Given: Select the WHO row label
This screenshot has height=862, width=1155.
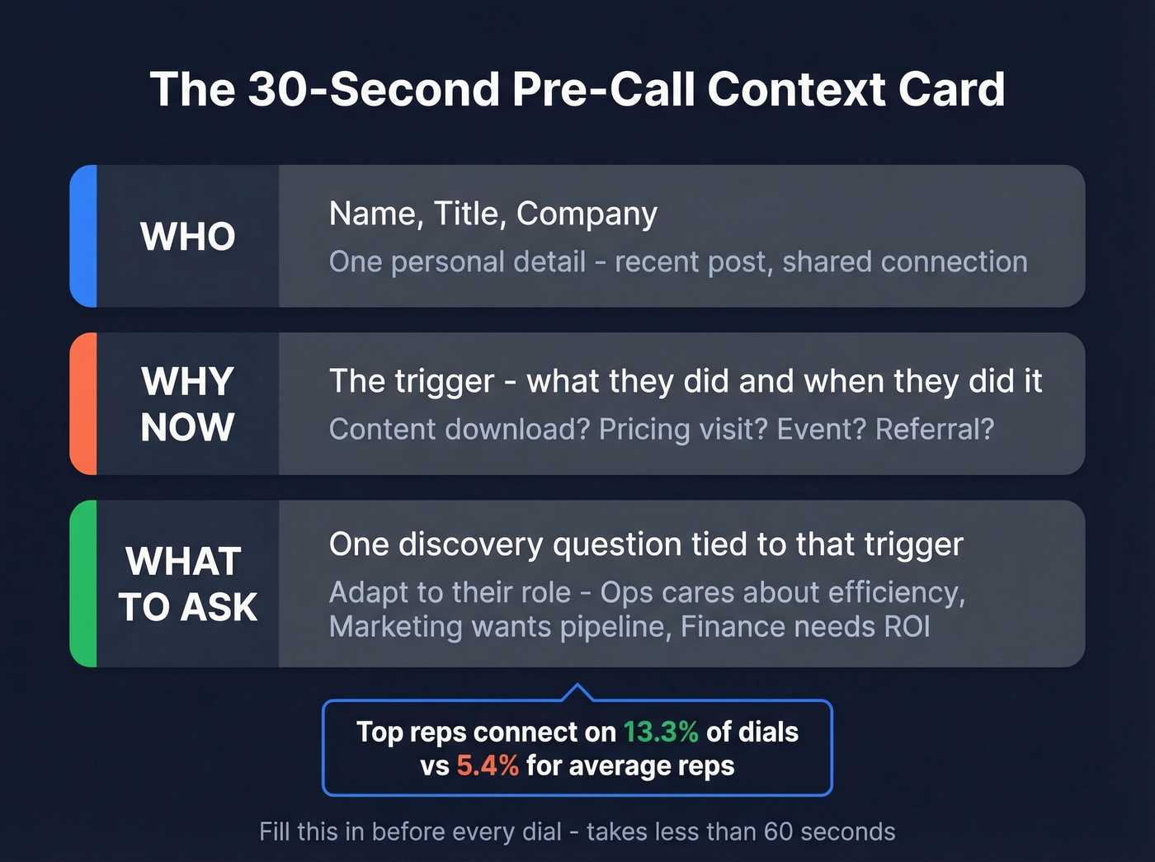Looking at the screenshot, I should click(188, 237).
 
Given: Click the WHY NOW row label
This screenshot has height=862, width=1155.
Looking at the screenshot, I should click(188, 404).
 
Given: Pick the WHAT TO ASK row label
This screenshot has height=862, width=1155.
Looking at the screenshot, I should click(188, 584).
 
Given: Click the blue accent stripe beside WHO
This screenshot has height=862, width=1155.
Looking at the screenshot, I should click(83, 236).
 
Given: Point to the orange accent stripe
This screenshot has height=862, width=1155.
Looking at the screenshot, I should click(83, 403).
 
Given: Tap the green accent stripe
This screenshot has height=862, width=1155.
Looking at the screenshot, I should click(83, 583).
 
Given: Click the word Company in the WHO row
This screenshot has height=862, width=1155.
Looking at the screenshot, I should click(587, 214).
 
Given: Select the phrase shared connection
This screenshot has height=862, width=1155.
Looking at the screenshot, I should click(904, 261).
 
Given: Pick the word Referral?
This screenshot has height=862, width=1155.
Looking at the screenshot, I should click(935, 429).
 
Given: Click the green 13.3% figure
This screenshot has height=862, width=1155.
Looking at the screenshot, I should click(660, 732).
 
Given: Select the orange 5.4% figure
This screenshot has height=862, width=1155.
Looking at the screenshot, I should click(488, 765).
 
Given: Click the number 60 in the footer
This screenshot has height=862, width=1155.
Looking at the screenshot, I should click(778, 831).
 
